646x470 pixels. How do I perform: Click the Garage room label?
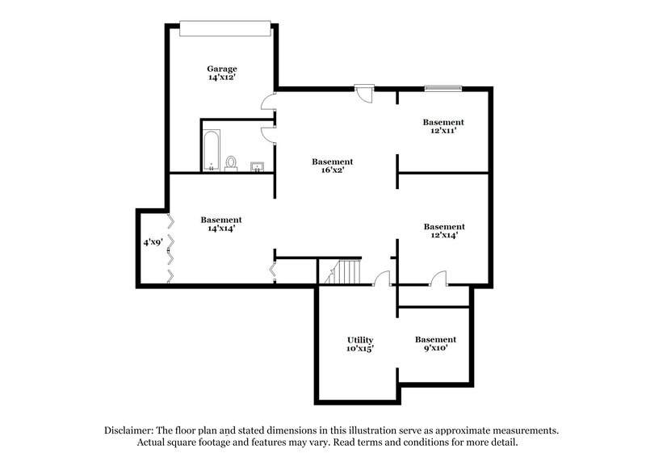[221, 69]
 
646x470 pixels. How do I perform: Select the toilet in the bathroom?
[232, 162]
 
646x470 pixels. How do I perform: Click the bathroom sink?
[258, 166]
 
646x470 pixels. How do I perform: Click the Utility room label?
[359, 339]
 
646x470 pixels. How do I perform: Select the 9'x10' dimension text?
[435, 349]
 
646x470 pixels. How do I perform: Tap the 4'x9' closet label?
[153, 241]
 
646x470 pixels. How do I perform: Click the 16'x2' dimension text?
[333, 171]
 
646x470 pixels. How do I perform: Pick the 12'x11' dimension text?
[443, 132]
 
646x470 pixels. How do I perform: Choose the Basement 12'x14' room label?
[444, 227]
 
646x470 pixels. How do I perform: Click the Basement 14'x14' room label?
[221, 220]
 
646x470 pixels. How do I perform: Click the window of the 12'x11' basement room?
[443, 87]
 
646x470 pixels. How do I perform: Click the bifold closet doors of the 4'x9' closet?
[170, 247]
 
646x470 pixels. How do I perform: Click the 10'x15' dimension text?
[360, 349]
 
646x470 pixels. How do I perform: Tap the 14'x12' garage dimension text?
[221, 78]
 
